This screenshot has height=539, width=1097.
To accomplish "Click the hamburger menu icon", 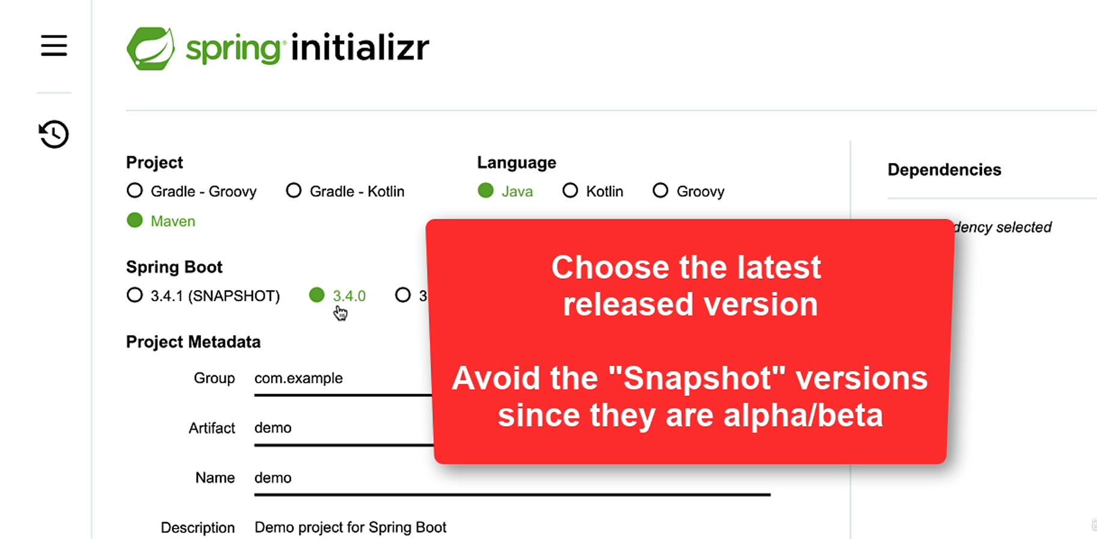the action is pos(54,46).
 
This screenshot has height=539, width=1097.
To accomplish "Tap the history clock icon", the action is pos(54,134).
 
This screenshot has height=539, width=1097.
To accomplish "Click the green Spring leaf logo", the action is pos(150,49).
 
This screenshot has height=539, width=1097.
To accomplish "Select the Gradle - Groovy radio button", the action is pos(135,190).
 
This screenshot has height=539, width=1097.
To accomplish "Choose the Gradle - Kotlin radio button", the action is pos(293,190).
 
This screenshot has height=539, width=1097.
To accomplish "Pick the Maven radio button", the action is pos(135,221).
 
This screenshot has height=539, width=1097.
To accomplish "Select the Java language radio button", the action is pos(485,190).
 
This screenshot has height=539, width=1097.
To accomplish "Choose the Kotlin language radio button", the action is pos(570,190).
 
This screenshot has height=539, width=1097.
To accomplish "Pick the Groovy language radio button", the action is pos(660,190).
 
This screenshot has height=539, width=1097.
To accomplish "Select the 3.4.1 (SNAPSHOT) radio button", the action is pos(135,295).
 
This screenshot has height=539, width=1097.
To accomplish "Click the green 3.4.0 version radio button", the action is pos(317,295).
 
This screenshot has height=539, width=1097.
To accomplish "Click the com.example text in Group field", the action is pos(298,378).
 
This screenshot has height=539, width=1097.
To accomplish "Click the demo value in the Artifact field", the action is pos(273,428).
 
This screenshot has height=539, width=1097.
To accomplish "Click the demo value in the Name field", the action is pos(273,478).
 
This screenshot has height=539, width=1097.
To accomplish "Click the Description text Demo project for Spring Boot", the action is pos(350,528).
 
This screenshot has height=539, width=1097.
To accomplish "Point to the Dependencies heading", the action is pos(944,170).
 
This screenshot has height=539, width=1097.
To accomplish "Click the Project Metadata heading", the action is pos(193,342).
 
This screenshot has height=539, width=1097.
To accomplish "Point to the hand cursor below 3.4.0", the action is pos(340,313).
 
